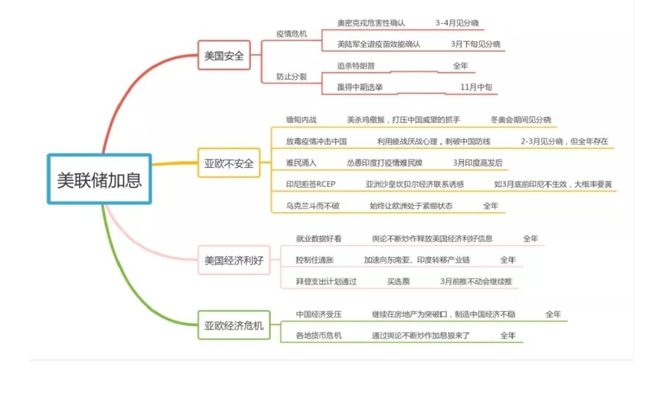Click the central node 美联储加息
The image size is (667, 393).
[99, 179]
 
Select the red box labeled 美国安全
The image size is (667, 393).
[224, 56]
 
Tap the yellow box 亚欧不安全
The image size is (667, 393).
[229, 164]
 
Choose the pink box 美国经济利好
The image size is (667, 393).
[233, 260]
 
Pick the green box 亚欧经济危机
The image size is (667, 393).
[233, 325]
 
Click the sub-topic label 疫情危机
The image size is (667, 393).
[292, 33]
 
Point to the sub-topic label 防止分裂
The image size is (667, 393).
[292, 77]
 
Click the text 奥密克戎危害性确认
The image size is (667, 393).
[371, 23]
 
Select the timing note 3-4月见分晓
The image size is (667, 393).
[457, 23]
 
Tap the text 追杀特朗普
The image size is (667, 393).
[356, 65]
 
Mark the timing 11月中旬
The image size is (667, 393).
[477, 87]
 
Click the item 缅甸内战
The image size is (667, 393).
[300, 119]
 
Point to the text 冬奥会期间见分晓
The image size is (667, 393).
[521, 119]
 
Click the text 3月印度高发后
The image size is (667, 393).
[477, 163]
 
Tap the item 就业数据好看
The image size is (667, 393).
[319, 239]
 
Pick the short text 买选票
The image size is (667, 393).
[398, 281]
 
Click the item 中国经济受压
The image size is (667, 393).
[319, 315]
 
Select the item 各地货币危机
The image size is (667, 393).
[319, 336]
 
